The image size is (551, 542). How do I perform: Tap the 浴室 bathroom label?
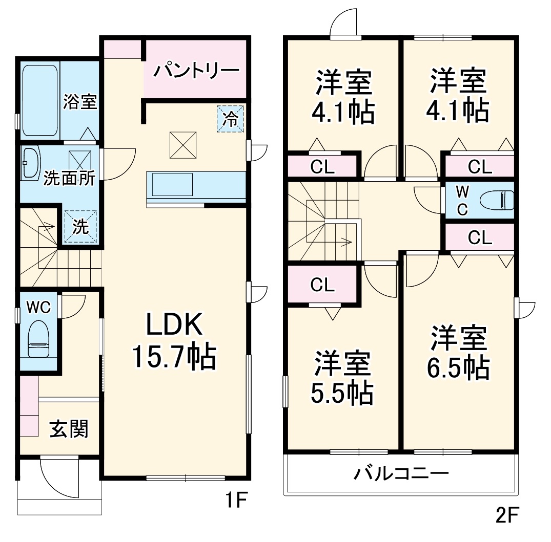pos(80,101)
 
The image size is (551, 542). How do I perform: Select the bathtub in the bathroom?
pos(39,99)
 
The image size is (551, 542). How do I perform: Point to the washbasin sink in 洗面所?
pos(31,163)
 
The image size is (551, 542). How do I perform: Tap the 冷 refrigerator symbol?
pos(230,120)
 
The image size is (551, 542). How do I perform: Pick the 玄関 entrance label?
pos(69,429)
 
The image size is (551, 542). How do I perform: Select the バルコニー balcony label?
pos(401,473)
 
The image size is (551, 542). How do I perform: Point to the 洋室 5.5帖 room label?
pos(342,378)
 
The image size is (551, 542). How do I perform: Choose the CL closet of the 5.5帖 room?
pos(322,285)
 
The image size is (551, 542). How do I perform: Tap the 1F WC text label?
pos(38,307)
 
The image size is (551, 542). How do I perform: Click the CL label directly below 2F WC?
pos(480,237)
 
